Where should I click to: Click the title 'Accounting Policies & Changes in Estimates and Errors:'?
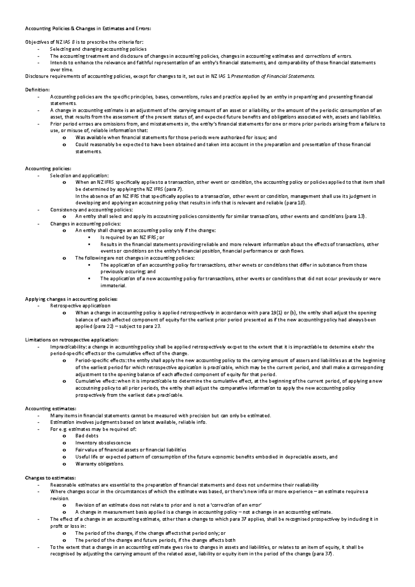[x=88, y=29]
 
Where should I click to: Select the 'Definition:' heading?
[x=37, y=90]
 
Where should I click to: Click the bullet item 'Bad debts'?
[x=87, y=436]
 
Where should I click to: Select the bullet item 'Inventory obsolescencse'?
[x=103, y=443]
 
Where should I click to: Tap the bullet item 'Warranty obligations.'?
[x=99, y=464]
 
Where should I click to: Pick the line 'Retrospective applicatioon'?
[x=80, y=306]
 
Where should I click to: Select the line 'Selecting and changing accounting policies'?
[x=98, y=49]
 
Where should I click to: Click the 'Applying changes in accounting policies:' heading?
[x=71, y=299]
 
